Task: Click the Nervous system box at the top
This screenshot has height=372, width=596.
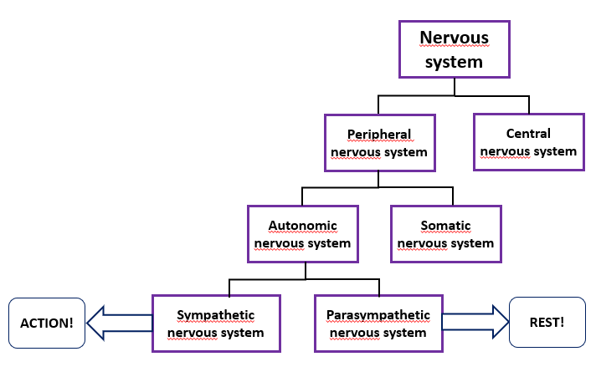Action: [x=454, y=49]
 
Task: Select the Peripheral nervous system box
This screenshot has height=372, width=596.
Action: [x=379, y=143]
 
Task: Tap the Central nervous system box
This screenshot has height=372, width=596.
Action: [x=528, y=142]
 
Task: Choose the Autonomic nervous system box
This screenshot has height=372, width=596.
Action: [x=303, y=234]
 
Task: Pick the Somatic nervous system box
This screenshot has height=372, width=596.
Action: [x=445, y=234]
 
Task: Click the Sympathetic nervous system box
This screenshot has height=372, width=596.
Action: [x=215, y=324]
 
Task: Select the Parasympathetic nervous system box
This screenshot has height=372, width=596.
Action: [x=379, y=324]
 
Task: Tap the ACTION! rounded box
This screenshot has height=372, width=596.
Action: [x=47, y=323]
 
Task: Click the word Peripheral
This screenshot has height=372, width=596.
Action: [x=379, y=134]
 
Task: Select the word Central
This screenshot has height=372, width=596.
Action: [x=528, y=133]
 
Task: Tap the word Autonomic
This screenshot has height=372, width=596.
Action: [x=303, y=225]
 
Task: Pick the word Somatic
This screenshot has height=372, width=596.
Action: [x=445, y=225]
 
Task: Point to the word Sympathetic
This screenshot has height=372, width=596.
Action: [x=215, y=315]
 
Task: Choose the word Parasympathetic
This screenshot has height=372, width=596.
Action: [x=379, y=315]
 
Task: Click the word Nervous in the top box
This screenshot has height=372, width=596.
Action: [x=454, y=38]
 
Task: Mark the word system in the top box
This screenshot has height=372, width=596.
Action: [x=454, y=61]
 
